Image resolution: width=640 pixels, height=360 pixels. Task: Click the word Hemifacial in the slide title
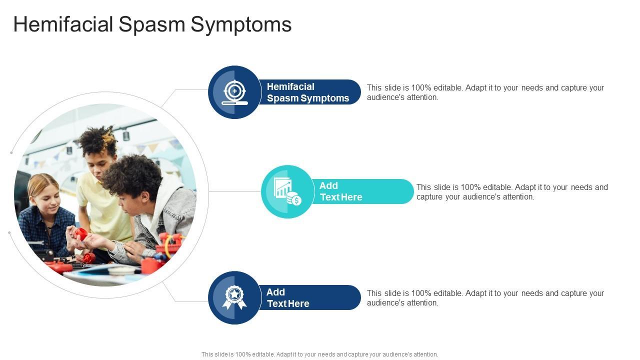(63, 24)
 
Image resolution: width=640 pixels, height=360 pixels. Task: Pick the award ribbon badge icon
(234, 297)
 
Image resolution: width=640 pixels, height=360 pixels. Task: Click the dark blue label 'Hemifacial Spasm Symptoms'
(308, 92)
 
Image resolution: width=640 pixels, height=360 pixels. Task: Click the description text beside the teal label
(512, 192)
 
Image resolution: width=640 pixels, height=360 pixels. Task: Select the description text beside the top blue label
(485, 92)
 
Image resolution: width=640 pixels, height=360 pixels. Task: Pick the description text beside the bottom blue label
(485, 298)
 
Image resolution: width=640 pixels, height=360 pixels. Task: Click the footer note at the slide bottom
(320, 354)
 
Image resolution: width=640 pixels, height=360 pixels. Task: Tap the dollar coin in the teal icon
(296, 200)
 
